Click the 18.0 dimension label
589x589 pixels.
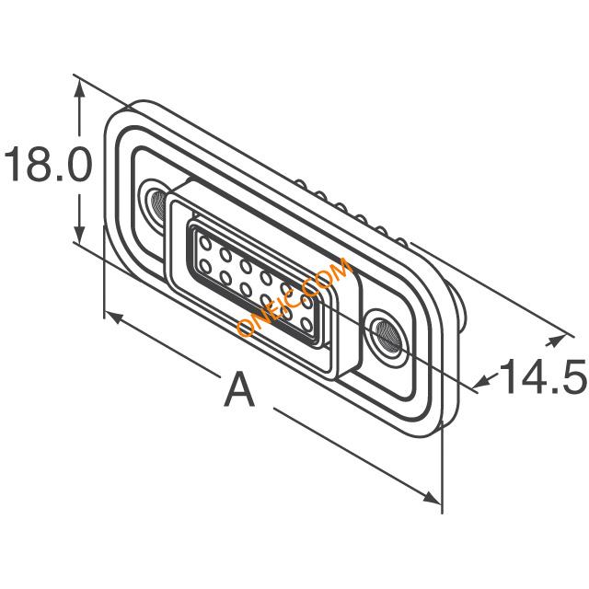click(x=47, y=164)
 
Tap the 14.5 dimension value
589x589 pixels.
click(x=542, y=376)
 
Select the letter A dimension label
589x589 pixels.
click(x=239, y=388)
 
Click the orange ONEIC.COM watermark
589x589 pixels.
click(x=294, y=296)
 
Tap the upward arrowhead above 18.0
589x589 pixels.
click(x=79, y=90)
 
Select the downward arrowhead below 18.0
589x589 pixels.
click(x=79, y=232)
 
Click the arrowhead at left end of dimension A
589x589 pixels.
click(x=113, y=318)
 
